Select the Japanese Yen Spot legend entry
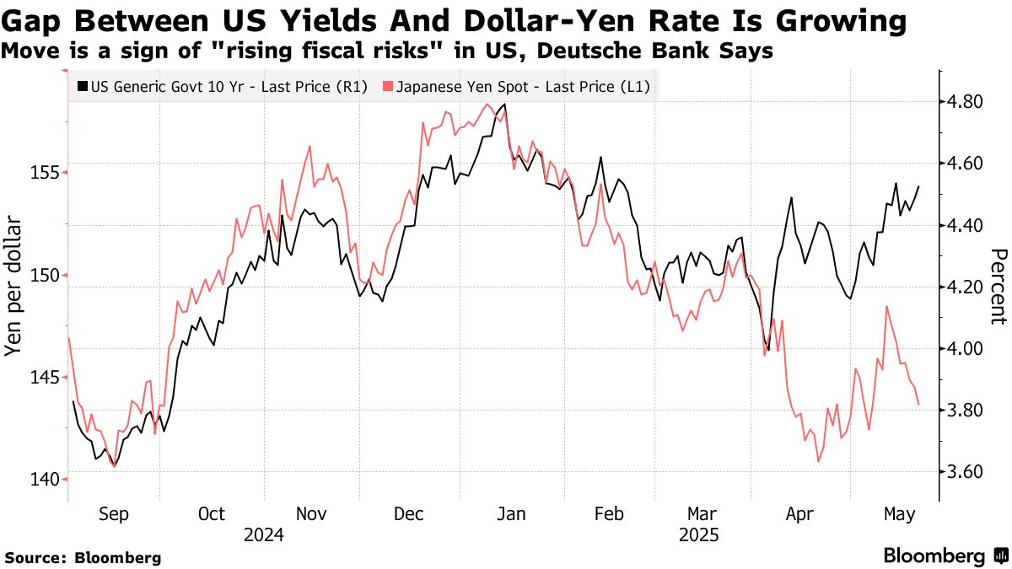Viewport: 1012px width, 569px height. click(516, 86)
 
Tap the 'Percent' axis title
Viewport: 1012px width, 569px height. click(999, 287)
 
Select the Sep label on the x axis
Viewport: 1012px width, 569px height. click(114, 513)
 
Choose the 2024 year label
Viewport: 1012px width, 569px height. click(263, 534)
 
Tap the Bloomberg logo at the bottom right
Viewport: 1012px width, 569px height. click(945, 556)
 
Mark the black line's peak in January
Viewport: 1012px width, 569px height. click(504, 105)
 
